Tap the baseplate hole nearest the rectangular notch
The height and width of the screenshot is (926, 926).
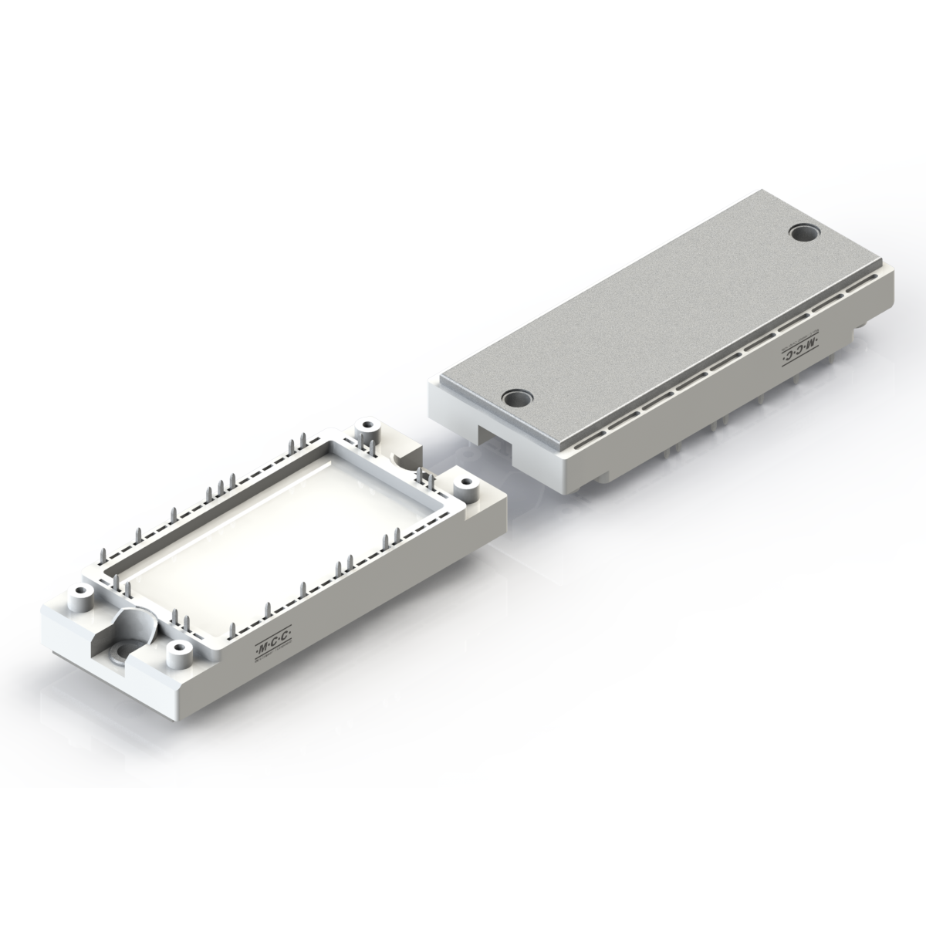click(x=518, y=399)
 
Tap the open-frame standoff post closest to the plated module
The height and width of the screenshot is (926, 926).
click(x=465, y=484)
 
